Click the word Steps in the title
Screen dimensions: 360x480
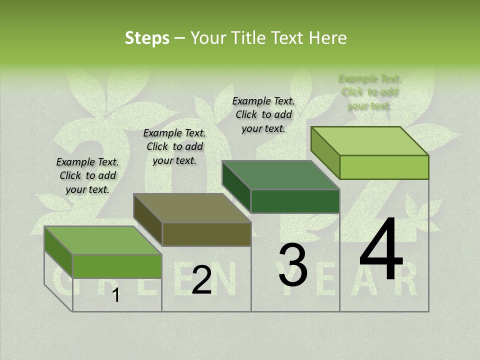click(147, 38)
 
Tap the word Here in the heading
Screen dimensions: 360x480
click(327, 38)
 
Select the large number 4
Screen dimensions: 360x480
click(381, 250)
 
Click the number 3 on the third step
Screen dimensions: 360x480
click(292, 265)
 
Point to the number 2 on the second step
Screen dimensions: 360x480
click(201, 280)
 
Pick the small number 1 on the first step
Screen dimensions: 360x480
click(115, 295)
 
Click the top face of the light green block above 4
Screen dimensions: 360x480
click(369, 141)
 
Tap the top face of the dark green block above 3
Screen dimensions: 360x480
click(280, 175)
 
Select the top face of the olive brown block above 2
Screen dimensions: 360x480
click(191, 208)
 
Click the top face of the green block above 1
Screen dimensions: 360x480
click(102, 240)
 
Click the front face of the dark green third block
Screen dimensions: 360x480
click(295, 201)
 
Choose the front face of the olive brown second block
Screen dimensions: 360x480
click(206, 234)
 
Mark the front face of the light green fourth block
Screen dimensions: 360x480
click(384, 167)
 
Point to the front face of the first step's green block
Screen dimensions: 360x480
click(117, 266)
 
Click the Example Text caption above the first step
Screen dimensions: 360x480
click(87, 175)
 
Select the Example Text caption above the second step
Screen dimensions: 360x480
click(174, 146)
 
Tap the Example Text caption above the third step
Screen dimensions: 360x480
click(263, 114)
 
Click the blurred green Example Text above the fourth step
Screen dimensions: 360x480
click(369, 92)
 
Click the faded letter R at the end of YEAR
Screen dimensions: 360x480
click(408, 283)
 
